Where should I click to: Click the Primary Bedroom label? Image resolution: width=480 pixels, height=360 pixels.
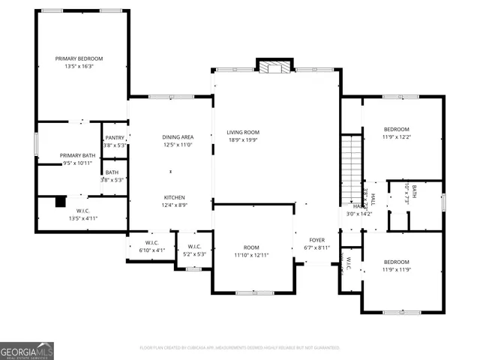coord(79,58)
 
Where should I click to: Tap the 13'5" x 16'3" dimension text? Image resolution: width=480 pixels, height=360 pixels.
coord(79,67)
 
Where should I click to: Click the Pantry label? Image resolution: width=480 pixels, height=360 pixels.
coord(115,138)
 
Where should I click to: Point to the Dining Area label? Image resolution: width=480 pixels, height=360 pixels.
coord(178,137)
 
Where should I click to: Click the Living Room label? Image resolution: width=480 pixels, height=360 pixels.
coord(243,132)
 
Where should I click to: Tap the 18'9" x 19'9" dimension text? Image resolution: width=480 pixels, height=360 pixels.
coord(243,140)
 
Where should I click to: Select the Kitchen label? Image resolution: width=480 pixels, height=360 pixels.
coord(175,196)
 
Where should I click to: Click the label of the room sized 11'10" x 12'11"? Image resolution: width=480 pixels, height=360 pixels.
coord(251,247)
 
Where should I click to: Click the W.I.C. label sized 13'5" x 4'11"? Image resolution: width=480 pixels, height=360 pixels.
coord(82,211)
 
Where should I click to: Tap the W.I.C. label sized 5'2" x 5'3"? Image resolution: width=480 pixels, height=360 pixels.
coord(193,247)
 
